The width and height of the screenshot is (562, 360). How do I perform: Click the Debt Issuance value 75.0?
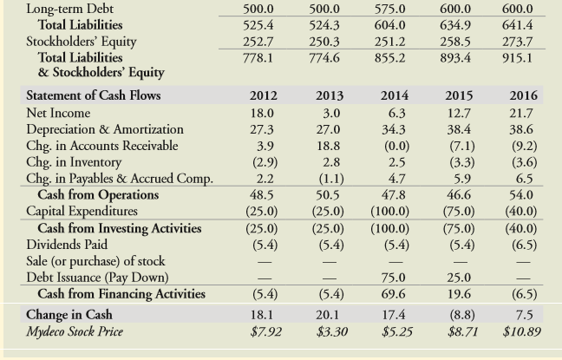[x=395, y=278]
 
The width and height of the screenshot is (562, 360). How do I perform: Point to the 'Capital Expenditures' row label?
[x=82, y=212]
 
